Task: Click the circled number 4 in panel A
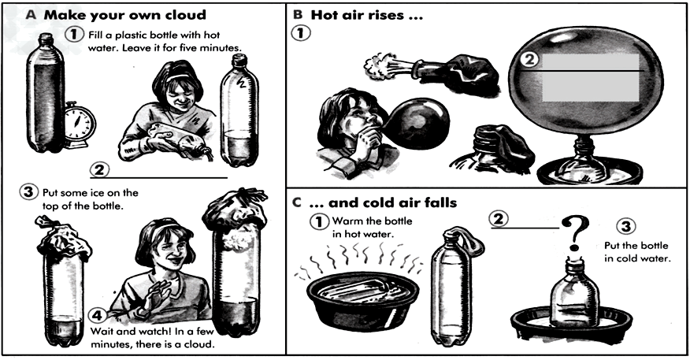98,316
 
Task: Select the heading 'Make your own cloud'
125,15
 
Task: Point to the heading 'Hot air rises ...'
367,15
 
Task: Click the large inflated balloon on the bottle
585,80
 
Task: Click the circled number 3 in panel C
625,226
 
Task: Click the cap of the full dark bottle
46,39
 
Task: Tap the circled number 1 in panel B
302,33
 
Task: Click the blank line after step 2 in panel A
159,178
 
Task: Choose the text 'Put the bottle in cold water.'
636,252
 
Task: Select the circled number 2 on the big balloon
530,58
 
